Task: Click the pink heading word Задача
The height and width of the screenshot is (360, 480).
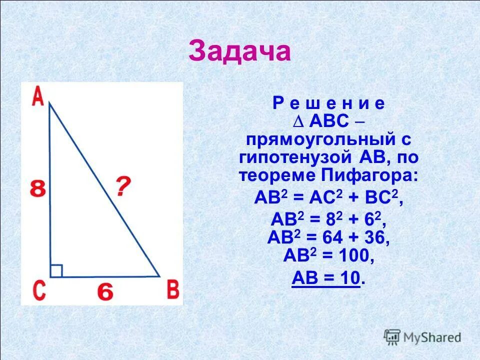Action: [x=239, y=51]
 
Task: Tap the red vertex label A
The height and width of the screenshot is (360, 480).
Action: [x=37, y=96]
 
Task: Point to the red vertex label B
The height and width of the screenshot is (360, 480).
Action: [x=172, y=290]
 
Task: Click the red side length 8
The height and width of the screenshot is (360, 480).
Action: [x=37, y=190]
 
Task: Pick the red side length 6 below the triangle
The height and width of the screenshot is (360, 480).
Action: [x=105, y=292]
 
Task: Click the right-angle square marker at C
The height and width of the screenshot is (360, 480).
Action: [x=56, y=270]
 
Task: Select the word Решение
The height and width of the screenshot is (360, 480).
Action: [x=328, y=103]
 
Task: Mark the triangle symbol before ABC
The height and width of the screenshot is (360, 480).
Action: [x=300, y=122]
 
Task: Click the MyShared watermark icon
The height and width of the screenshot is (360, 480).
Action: [x=393, y=336]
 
